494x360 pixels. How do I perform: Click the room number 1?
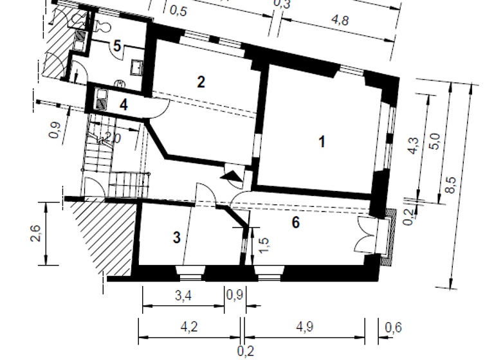tap(322, 142)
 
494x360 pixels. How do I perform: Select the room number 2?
tap(201, 82)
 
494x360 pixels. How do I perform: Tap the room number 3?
tap(176, 238)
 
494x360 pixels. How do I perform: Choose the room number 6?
tap(295, 222)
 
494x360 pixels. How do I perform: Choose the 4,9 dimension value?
tap(304, 327)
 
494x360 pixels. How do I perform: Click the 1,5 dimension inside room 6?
tap(262, 245)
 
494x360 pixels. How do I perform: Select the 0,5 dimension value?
tap(178, 10)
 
